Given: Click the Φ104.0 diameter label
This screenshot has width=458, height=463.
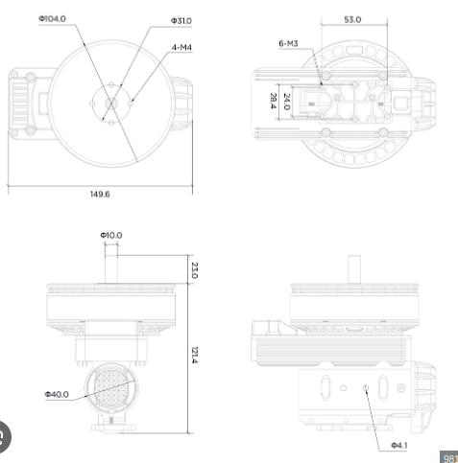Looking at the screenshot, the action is (52, 19).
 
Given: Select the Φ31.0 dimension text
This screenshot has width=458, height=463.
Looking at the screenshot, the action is (181, 21).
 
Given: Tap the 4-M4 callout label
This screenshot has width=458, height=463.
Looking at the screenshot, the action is (181, 47).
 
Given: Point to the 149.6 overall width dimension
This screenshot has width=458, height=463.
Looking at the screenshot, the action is (100, 194).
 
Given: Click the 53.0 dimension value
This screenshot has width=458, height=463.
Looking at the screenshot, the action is (352, 19).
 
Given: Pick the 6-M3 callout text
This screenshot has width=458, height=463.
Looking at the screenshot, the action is (288, 43).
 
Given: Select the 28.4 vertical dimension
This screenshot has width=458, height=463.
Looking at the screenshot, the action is (273, 101).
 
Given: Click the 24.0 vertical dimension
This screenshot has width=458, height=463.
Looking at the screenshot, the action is (287, 102).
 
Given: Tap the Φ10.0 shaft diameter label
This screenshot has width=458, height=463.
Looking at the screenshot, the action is (111, 235).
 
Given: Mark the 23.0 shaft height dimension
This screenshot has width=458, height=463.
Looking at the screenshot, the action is (194, 270).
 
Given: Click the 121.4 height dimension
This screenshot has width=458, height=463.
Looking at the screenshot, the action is (194, 355).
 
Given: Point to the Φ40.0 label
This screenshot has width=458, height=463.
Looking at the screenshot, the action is (57, 394).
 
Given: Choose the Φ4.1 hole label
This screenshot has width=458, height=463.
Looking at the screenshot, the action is (399, 445).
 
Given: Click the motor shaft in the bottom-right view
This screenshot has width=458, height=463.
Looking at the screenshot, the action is (354, 269).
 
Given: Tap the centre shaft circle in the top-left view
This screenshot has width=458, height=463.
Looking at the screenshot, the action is (111, 104).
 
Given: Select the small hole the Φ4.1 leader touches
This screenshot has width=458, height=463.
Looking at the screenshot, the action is (366, 388).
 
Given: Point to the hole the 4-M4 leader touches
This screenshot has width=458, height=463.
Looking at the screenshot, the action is (131, 104).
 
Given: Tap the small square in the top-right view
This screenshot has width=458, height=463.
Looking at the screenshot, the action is (400, 104).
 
